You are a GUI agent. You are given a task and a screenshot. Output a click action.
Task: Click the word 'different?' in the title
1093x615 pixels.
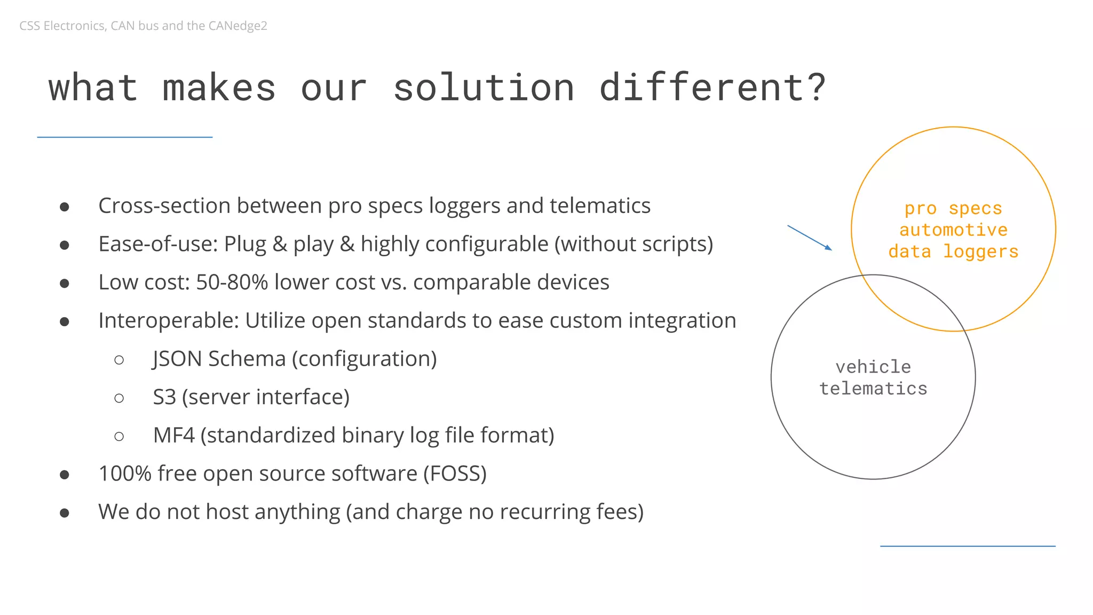(712, 87)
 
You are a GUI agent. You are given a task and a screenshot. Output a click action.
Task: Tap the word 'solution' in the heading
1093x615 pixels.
(484, 87)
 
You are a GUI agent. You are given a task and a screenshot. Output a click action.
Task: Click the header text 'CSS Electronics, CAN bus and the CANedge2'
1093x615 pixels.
(143, 26)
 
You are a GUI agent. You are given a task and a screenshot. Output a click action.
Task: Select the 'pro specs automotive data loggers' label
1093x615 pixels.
(953, 230)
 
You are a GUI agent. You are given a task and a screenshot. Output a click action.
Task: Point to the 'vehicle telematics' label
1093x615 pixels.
(873, 377)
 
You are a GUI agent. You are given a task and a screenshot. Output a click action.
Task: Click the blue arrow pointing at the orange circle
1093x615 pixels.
(809, 238)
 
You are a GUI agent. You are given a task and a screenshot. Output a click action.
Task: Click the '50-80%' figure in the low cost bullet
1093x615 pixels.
(232, 282)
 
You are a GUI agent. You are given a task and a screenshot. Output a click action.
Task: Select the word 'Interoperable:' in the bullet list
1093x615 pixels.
(168, 321)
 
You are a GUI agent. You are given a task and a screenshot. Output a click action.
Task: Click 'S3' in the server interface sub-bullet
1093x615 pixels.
(164, 397)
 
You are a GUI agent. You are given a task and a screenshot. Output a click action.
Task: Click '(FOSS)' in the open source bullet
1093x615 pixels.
(455, 474)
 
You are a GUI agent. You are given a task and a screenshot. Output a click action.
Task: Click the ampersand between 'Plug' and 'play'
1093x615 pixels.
(280, 245)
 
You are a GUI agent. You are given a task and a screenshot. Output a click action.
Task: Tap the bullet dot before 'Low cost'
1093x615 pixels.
(65, 283)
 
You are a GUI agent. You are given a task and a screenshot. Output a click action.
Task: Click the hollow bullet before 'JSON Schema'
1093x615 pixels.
(119, 360)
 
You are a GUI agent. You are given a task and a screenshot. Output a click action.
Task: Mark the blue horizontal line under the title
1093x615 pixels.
(124, 137)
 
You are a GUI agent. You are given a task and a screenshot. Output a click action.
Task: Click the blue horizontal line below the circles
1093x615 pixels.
(968, 546)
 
